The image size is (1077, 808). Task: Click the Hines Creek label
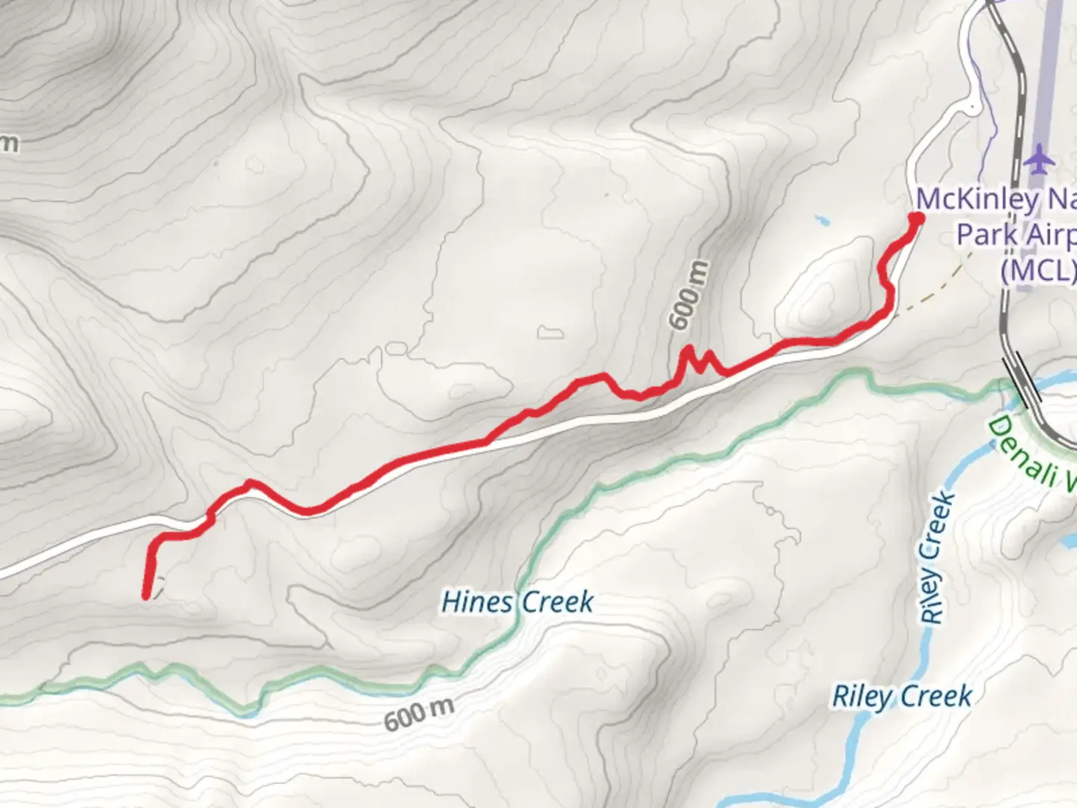pos(518,602)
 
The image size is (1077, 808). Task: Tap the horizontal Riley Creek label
pos(902,697)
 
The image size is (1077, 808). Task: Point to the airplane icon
pos(1039,159)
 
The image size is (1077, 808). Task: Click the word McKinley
pos(966,200)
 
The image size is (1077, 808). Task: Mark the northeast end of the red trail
pos(915,218)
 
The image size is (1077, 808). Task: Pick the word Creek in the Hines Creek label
pos(556,602)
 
